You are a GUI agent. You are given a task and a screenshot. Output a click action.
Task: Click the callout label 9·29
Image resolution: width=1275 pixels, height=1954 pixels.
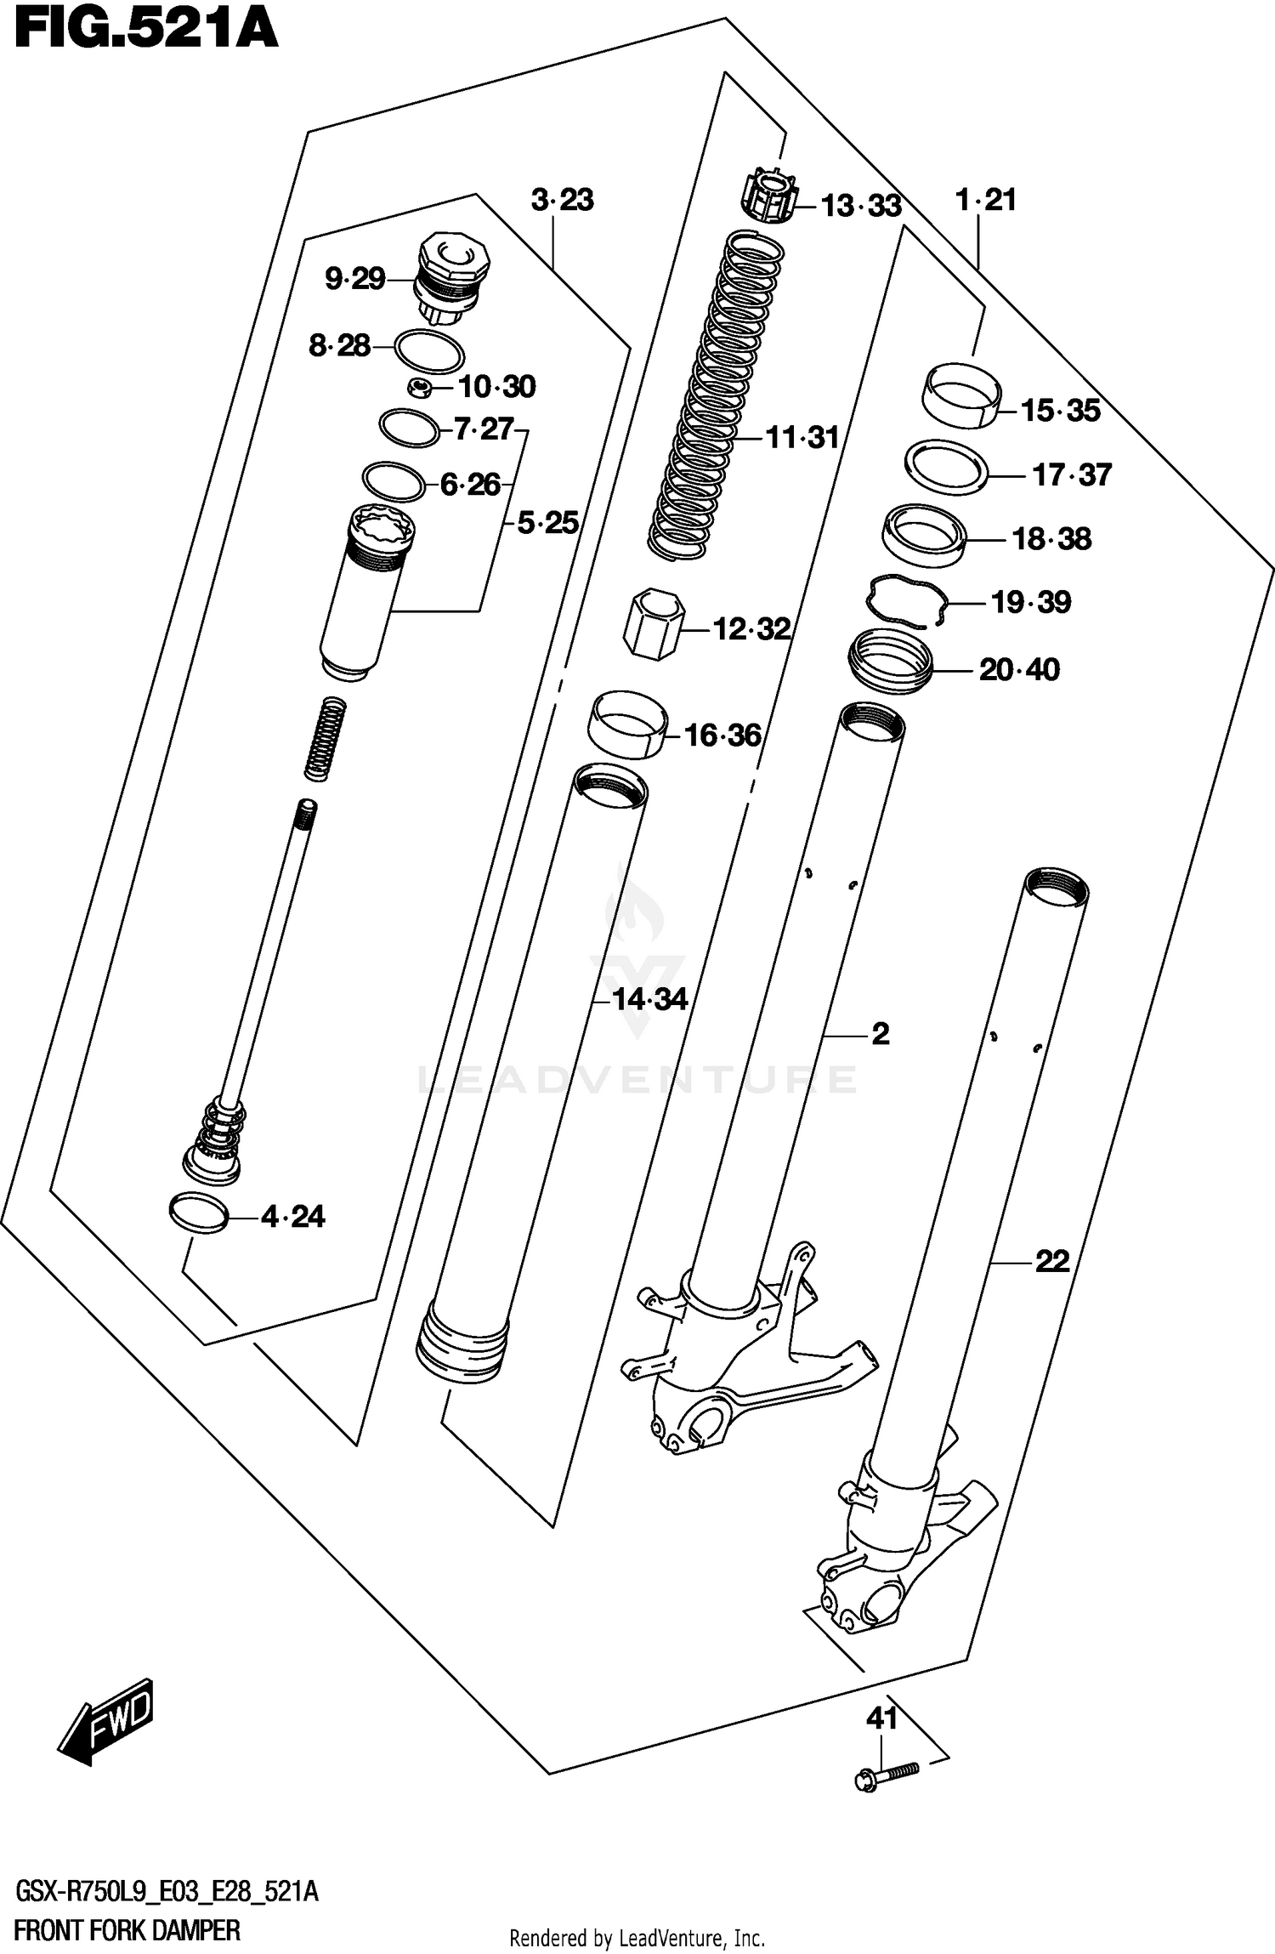355,279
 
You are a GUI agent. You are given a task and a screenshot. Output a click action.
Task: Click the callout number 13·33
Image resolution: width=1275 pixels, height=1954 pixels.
860,206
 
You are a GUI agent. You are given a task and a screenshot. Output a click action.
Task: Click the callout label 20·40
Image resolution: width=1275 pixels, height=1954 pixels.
1019,670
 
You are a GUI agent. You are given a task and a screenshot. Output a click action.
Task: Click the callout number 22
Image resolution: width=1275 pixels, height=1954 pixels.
1051,1260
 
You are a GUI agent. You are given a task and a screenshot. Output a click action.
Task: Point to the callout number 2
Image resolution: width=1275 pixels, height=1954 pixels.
880,1034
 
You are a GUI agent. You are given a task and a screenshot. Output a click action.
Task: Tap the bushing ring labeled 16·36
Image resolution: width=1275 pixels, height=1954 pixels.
627,724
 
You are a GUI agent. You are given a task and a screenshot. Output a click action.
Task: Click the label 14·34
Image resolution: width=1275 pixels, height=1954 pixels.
649,999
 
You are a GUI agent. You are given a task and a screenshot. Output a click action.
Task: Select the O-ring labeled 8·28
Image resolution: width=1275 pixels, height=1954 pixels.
430,351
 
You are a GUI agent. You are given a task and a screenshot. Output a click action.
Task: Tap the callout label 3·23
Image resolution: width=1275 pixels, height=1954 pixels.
562,201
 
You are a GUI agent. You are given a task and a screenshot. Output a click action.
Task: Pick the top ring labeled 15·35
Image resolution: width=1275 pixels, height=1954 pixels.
961,395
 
